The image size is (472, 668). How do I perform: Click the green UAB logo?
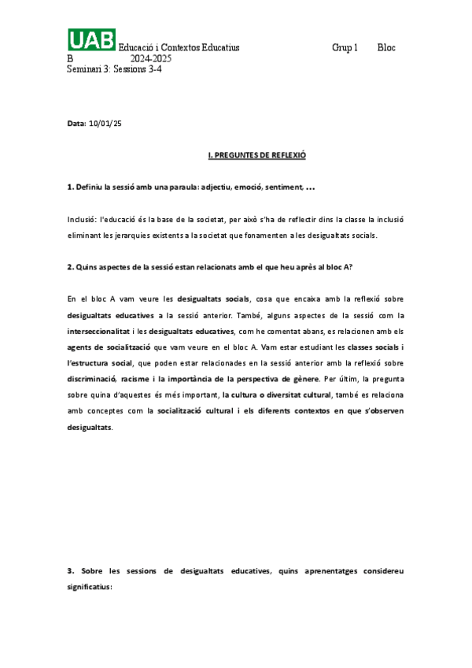coord(91,40)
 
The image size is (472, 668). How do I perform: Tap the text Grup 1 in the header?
coord(345,48)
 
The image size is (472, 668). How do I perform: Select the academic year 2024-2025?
coord(151,58)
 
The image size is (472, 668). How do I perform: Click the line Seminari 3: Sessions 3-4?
coord(115,69)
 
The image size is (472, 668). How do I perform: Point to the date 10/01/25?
coord(105,124)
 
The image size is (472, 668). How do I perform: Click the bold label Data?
coord(77,124)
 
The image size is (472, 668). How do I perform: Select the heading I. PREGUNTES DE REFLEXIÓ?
coord(256,156)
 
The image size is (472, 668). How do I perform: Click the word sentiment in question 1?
coord(282,187)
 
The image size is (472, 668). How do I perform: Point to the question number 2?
coord(70,267)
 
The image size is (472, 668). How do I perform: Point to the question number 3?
coord(70,570)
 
